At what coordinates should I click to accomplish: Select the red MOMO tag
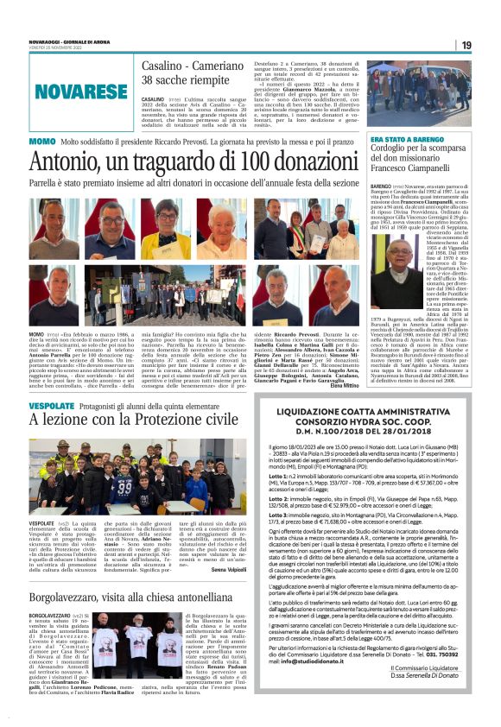pos(41,141)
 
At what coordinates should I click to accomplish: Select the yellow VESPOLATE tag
pos(51,405)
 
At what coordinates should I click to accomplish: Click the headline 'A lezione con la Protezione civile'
pos(133,420)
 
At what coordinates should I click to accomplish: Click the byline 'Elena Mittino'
pos(344,384)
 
